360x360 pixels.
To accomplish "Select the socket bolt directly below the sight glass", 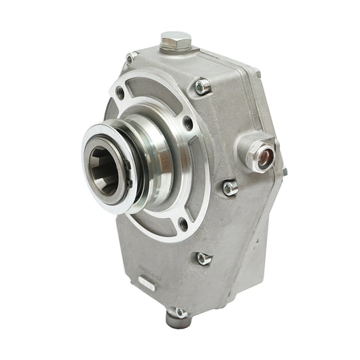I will coord(230,187).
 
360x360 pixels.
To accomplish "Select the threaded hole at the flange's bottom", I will coord(182,224).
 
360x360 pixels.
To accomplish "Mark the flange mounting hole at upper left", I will coord(120,92).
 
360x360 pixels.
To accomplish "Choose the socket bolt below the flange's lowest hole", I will coord(202,258).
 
